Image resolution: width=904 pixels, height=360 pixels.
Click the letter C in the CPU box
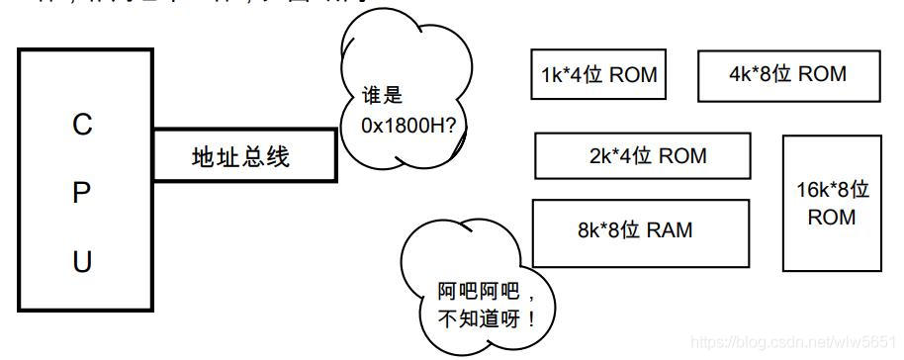(x=82, y=125)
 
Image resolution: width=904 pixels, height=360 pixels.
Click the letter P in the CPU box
(x=82, y=194)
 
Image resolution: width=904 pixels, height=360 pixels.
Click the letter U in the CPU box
(x=82, y=262)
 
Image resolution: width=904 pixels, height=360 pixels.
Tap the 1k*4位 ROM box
(x=598, y=74)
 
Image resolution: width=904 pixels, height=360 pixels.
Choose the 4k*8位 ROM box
(x=787, y=74)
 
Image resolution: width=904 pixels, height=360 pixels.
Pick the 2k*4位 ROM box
(x=642, y=155)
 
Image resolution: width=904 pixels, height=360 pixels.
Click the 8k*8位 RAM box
(x=640, y=231)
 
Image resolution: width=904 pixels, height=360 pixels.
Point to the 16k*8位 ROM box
(x=832, y=203)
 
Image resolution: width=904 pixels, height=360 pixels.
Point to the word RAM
(x=670, y=231)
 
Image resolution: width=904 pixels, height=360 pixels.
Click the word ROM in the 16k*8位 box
(x=832, y=217)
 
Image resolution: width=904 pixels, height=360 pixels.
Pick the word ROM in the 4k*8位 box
(x=822, y=74)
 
